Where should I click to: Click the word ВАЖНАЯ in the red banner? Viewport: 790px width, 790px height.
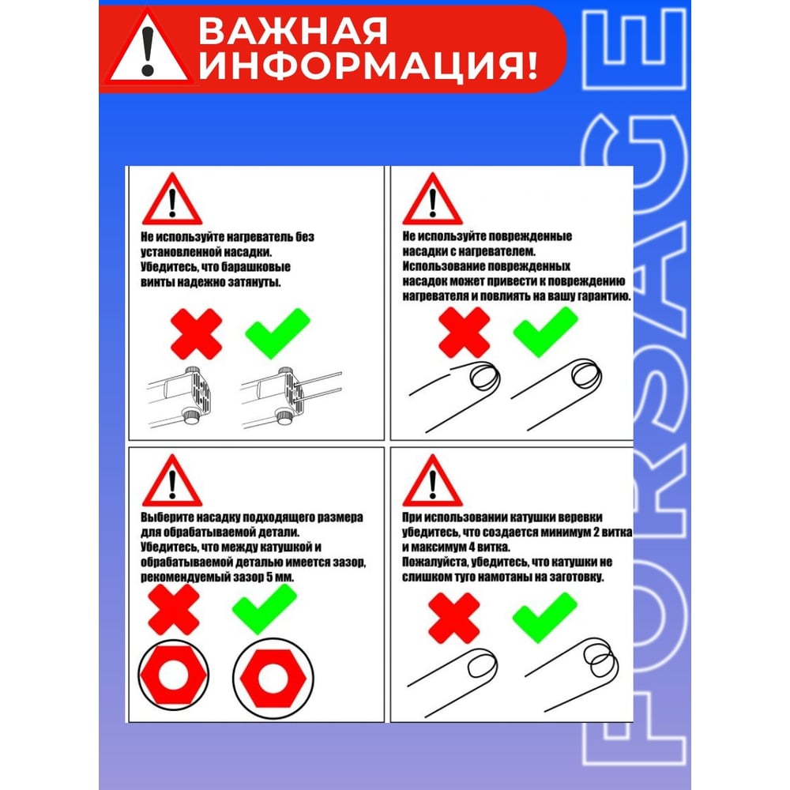click(x=292, y=32)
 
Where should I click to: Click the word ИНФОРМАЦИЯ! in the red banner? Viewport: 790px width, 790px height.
click(x=368, y=66)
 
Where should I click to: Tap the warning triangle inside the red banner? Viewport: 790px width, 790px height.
click(x=147, y=48)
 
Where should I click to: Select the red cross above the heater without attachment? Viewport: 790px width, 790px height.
click(x=196, y=333)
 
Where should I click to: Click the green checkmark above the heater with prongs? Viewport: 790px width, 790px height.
click(x=277, y=333)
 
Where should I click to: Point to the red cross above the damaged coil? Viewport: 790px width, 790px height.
click(x=464, y=333)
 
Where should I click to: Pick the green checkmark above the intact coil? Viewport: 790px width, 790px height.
click(x=545, y=333)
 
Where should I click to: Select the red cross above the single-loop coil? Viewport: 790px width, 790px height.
click(x=453, y=618)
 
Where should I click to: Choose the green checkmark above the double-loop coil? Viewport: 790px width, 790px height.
click(x=544, y=617)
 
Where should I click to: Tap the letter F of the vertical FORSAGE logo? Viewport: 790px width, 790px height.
click(x=633, y=734)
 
